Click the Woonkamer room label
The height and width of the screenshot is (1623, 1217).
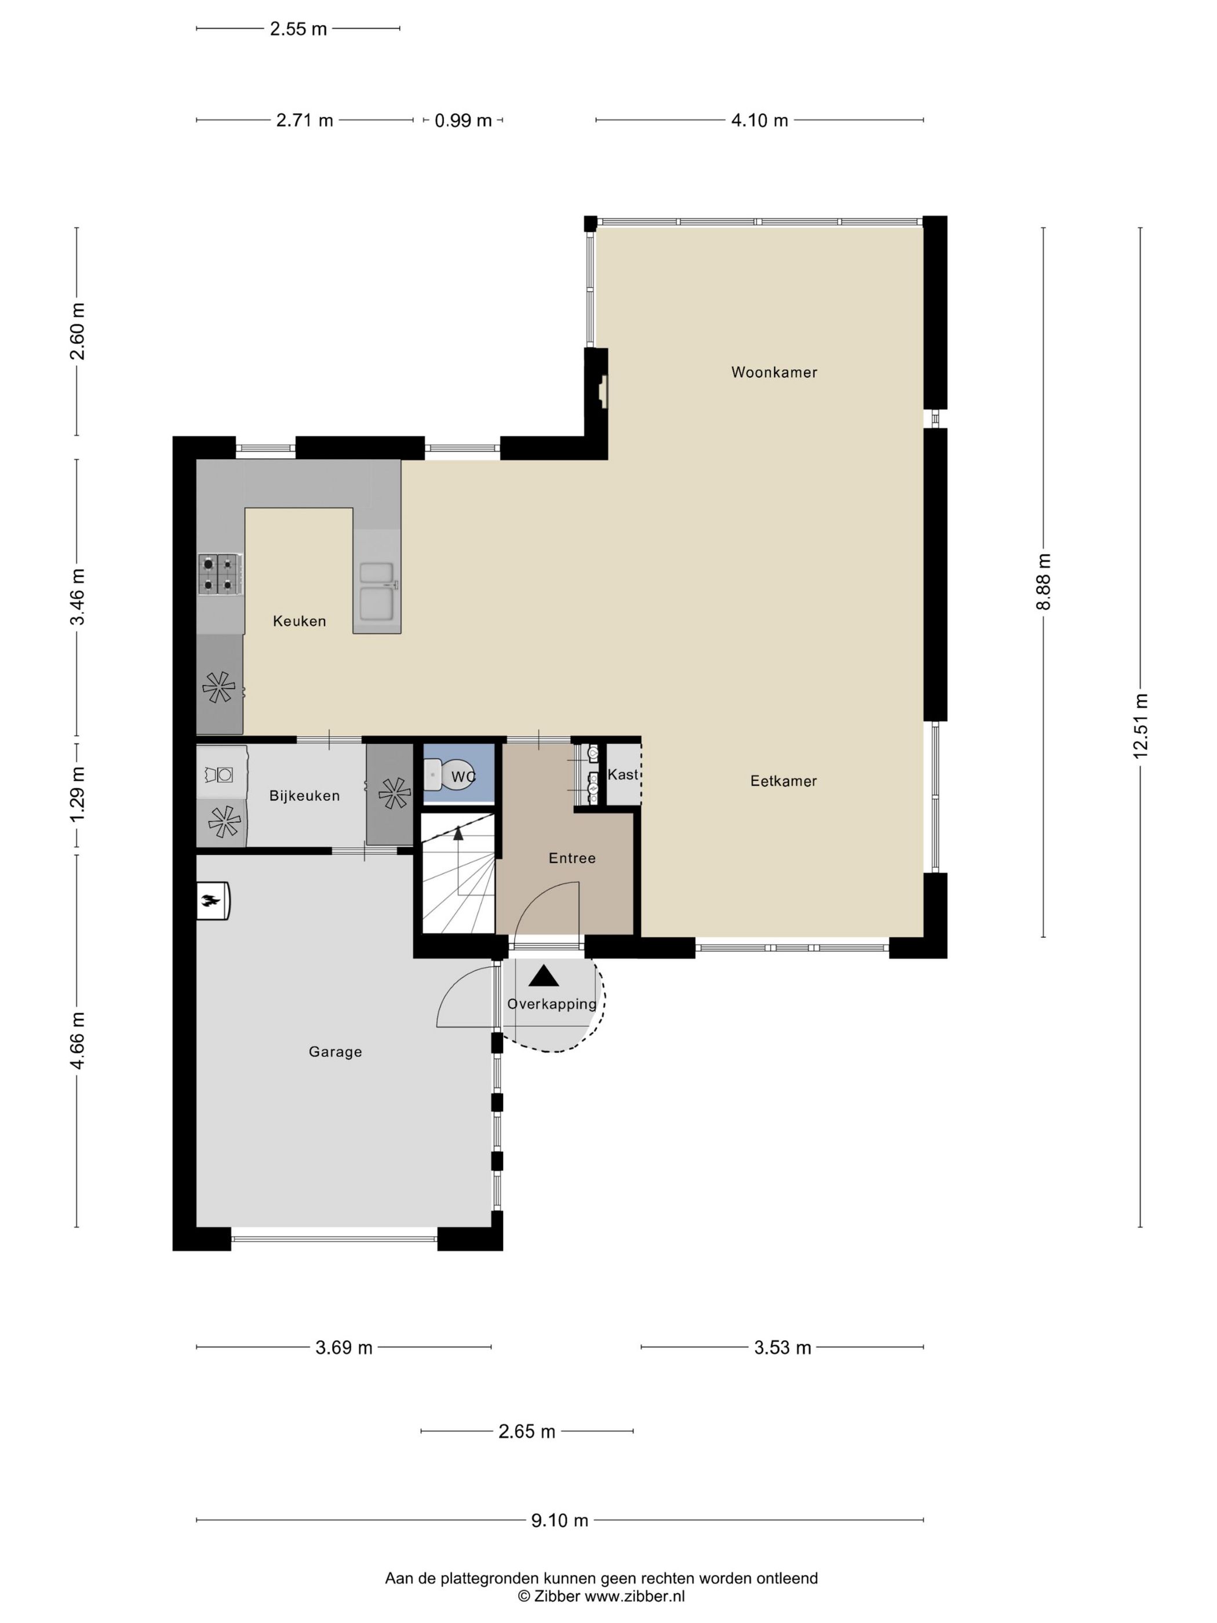coord(774,372)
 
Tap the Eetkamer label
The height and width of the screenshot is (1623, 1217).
coord(783,781)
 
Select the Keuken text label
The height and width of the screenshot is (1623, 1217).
coord(299,621)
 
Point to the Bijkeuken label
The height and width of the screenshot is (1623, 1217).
coord(304,795)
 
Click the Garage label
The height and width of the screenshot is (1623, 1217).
coord(335,1051)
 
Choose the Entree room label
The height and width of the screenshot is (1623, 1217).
coord(572,858)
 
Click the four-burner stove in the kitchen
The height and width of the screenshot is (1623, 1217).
coord(219,573)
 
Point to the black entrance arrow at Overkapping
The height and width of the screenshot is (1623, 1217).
coord(544,976)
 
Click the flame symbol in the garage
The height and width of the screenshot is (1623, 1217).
coord(213,900)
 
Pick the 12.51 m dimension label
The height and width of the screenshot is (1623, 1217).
coord(1139,726)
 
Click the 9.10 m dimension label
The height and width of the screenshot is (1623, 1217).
coord(560,1520)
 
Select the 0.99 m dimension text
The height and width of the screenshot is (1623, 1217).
coord(463,121)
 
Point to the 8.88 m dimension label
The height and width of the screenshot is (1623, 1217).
coord(1043,581)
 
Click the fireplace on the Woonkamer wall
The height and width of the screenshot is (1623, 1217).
coord(602,392)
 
